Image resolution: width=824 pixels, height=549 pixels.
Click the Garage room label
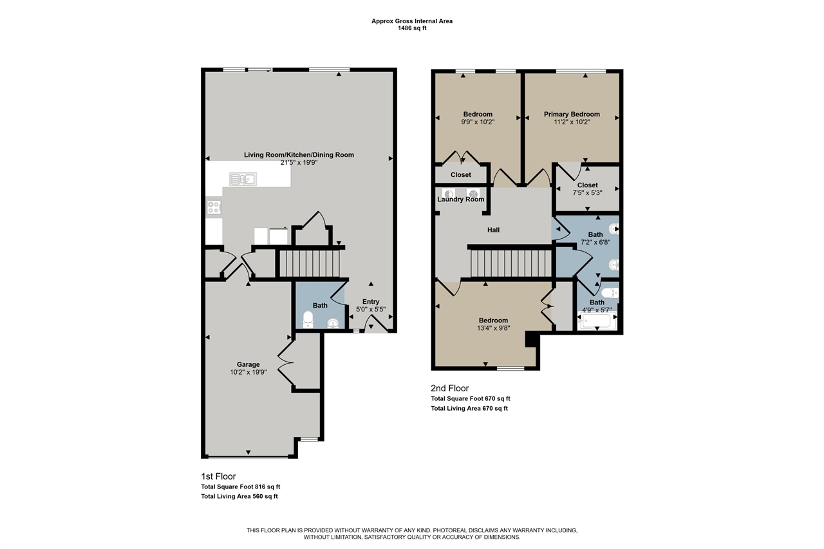point(248,364)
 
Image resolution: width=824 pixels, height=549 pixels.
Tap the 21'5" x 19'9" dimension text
point(299,163)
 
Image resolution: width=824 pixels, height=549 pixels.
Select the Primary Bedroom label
point(572,115)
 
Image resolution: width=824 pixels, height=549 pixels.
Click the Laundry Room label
point(460,200)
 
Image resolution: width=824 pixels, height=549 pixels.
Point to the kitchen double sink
point(242,179)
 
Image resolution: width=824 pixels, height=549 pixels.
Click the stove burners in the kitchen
point(214,207)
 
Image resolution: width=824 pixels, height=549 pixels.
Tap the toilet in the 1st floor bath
point(308,318)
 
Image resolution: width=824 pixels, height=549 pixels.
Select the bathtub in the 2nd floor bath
point(598,321)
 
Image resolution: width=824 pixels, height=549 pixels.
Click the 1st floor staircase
point(308,263)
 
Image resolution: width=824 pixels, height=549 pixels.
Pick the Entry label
point(371,302)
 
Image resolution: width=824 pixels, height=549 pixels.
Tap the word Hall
point(493,230)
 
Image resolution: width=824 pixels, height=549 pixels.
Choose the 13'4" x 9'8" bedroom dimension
point(493,328)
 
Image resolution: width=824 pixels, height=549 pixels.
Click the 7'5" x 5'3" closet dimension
point(587,192)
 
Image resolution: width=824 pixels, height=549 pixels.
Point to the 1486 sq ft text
point(412,28)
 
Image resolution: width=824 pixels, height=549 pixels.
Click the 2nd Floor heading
point(449,388)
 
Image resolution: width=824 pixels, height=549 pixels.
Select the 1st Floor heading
point(219,476)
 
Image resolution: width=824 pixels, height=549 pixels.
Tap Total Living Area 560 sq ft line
point(239,496)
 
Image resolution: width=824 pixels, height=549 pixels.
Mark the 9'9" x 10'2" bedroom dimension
point(478,122)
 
